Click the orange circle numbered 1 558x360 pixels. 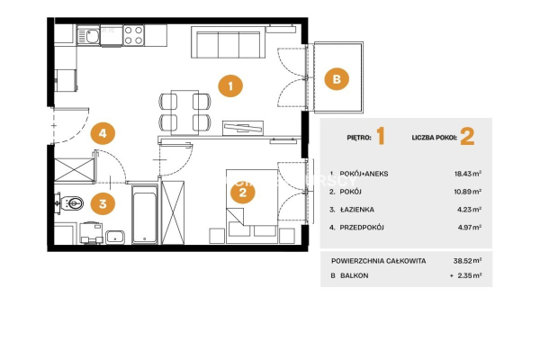point(230,85)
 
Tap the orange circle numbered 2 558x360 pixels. point(243,193)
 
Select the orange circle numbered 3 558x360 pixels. point(103,203)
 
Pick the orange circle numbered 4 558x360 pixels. point(103,133)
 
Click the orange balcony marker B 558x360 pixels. point(337,78)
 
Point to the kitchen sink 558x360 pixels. point(89,36)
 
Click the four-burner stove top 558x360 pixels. point(134,35)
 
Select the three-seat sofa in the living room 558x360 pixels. point(228,42)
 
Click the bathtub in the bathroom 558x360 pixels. point(145,214)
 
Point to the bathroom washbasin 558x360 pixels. point(115,237)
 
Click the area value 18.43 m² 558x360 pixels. point(468,174)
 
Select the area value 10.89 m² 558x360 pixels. point(468,192)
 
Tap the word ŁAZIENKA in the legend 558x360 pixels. point(357,210)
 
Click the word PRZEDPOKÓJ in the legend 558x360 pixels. point(362,228)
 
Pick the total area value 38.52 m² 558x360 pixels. point(468,261)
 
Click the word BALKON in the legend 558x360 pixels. point(355,275)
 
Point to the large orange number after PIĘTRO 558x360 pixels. point(381,136)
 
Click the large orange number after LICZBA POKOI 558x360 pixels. point(467,137)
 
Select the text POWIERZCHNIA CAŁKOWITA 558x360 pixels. point(379,261)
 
